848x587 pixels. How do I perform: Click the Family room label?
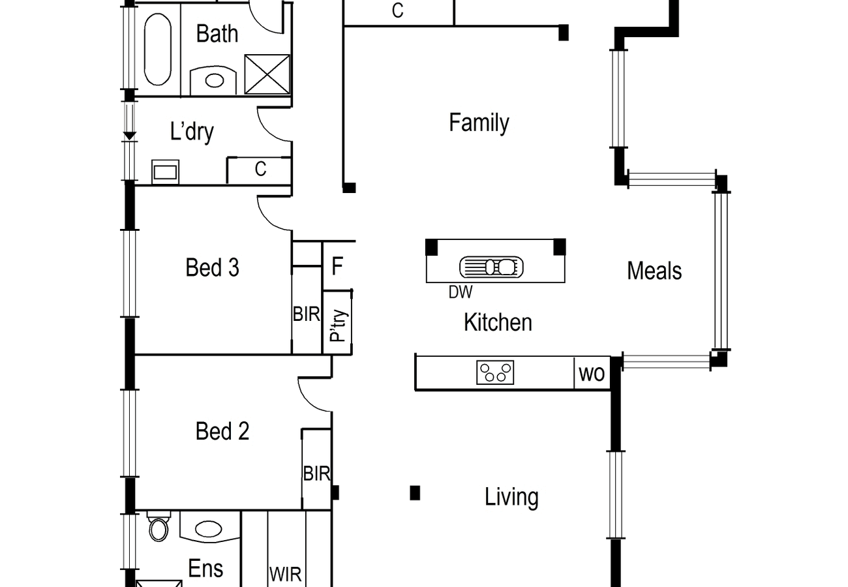click(479, 123)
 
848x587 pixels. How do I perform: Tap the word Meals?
click(654, 271)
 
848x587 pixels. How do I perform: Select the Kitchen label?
click(498, 322)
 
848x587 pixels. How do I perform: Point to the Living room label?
click(511, 497)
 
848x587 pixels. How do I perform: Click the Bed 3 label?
click(213, 267)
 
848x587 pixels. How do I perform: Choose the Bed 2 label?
click(222, 431)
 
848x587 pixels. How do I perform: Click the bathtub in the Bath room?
click(158, 49)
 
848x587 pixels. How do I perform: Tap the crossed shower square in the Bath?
click(267, 74)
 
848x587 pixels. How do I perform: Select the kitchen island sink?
click(491, 267)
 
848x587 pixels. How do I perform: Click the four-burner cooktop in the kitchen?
click(495, 372)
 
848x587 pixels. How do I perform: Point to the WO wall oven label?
click(592, 374)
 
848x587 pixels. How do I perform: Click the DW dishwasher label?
click(461, 292)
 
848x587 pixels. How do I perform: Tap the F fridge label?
click(337, 266)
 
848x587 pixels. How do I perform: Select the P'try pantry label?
click(338, 326)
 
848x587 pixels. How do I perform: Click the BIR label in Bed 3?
click(307, 314)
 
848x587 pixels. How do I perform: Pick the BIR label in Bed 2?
click(316, 474)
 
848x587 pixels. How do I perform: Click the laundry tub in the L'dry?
click(166, 172)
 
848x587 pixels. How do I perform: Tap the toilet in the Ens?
click(159, 526)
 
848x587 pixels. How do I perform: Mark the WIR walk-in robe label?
click(286, 575)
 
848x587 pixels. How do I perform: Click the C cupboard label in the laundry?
click(260, 169)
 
